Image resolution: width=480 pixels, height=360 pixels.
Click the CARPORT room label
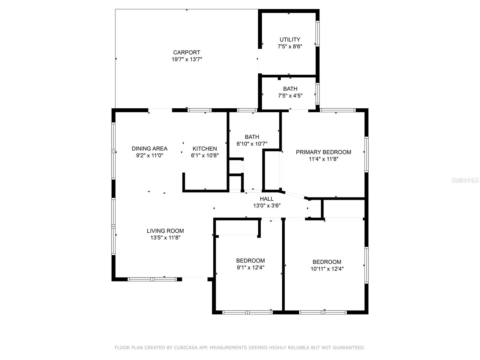pyautogui.click(x=187, y=52)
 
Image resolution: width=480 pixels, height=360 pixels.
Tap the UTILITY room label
pyautogui.click(x=290, y=40)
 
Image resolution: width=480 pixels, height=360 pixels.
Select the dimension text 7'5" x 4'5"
pyautogui.click(x=290, y=96)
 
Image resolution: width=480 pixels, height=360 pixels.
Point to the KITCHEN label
pyautogui.click(x=205, y=148)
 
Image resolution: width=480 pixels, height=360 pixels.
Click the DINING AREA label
pyautogui.click(x=149, y=148)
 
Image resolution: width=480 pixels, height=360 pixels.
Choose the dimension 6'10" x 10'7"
pyautogui.click(x=252, y=144)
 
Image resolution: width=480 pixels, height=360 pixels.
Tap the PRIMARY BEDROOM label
pyautogui.click(x=323, y=152)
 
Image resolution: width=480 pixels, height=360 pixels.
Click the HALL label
pyautogui.click(x=267, y=199)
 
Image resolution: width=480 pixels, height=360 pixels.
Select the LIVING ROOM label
pyautogui.click(x=165, y=231)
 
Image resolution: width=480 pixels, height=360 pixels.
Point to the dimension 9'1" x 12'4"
pyautogui.click(x=250, y=268)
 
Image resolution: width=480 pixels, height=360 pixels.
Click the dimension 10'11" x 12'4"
pyautogui.click(x=327, y=269)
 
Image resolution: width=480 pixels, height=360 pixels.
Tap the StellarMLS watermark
pyautogui.click(x=465, y=180)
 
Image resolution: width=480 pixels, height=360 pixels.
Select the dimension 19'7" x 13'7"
pyautogui.click(x=187, y=59)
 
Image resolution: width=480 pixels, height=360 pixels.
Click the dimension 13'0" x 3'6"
pyautogui.click(x=267, y=205)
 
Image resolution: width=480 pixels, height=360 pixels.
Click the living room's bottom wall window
pyautogui.click(x=152, y=279)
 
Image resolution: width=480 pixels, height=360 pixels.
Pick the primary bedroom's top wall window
pyautogui.click(x=338, y=110)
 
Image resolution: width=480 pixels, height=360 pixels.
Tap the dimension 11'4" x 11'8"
pyautogui.click(x=323, y=159)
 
